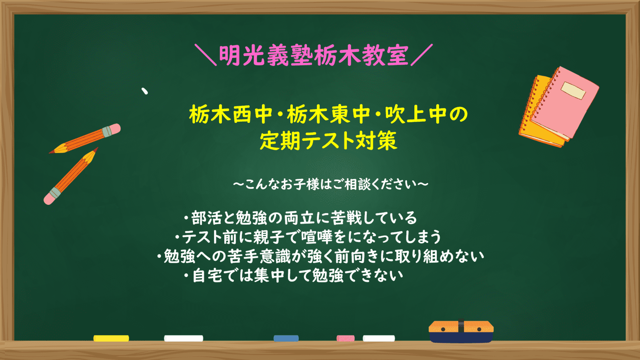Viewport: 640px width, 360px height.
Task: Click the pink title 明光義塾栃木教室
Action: coord(314,56)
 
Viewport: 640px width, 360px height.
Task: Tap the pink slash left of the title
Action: coord(206,55)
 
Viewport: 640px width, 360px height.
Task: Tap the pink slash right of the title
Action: coord(422,55)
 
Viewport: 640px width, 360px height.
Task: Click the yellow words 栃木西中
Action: coord(231,114)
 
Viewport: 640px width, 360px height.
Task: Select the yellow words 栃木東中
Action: coord(328,114)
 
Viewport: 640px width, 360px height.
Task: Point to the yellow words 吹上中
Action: coord(416,114)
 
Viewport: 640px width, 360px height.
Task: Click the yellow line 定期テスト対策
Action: coord(328,140)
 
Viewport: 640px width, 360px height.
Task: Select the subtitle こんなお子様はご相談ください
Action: coord(330,184)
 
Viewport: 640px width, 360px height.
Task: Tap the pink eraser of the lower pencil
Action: coord(49,199)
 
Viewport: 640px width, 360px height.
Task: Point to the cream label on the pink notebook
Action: coord(573,90)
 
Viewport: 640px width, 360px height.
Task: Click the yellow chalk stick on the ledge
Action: coord(111,338)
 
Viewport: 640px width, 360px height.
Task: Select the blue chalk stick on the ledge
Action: coord(286,338)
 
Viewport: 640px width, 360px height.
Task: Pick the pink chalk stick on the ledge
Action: coord(346,338)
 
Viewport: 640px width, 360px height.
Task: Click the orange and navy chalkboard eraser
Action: coord(461,332)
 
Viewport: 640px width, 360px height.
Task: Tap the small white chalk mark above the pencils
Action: coord(145,91)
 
